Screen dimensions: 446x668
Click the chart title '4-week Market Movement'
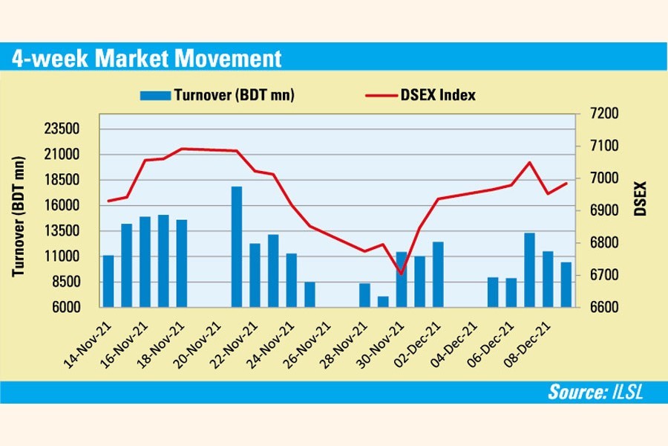[x=146, y=59]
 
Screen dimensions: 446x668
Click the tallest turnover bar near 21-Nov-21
[x=237, y=245]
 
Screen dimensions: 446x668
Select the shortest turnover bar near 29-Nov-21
[x=383, y=301]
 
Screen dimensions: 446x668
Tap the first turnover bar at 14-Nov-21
[x=108, y=280]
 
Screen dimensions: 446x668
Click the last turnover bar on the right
[x=566, y=284]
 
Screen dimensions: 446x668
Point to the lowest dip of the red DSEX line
[x=401, y=274]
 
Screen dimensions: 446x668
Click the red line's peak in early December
[x=529, y=162]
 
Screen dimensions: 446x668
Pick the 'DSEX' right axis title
[x=641, y=199]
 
